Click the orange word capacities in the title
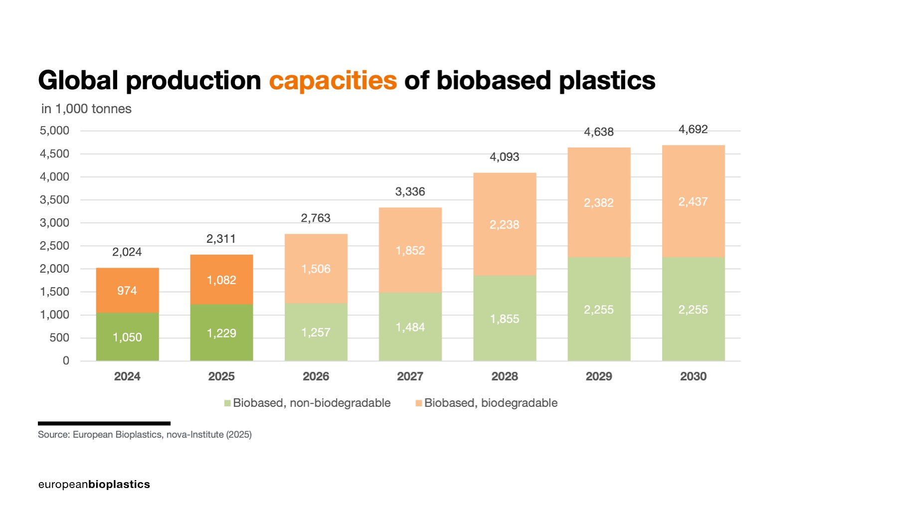333,80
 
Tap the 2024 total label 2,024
127,252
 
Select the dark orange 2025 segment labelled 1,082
221,280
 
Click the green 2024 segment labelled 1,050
127,337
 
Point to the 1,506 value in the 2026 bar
316,269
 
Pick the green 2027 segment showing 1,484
410,328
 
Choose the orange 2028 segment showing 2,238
504,225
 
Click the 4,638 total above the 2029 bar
598,132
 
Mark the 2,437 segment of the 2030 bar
693,202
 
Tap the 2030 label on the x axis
693,376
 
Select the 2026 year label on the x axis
316,376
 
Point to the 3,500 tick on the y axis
54,200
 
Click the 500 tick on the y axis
59,338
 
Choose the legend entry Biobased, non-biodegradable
311,403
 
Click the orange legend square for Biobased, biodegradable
419,403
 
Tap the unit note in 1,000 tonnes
86,109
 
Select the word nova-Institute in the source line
195,435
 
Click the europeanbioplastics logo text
94,485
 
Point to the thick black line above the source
104,423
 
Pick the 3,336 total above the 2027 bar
410,192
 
